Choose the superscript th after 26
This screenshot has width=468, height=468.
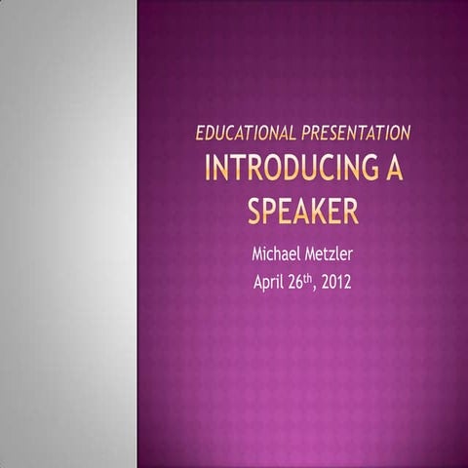[x=311, y=280]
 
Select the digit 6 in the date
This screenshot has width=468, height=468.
[x=301, y=285]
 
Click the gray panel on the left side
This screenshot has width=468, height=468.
[x=68, y=234]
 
